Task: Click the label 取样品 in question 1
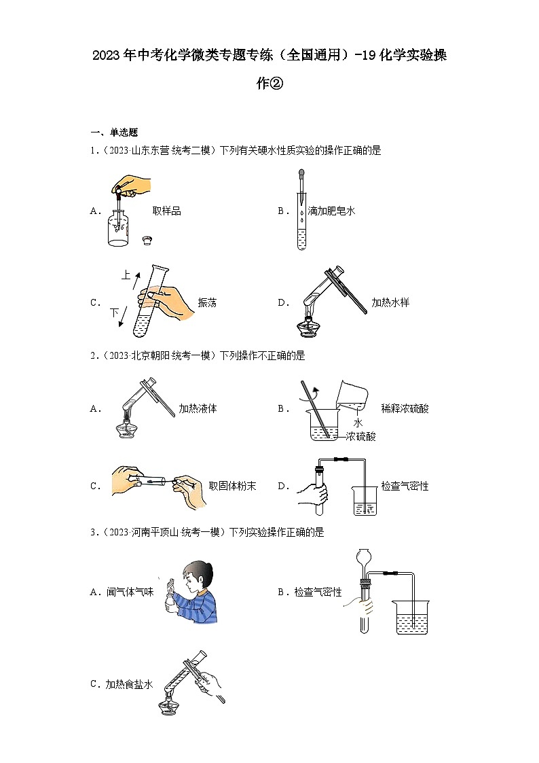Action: click(x=166, y=211)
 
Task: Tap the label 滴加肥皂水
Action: click(x=331, y=211)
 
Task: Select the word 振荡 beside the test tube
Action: click(x=207, y=303)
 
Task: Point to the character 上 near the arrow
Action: click(x=126, y=275)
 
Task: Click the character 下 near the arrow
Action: click(x=114, y=313)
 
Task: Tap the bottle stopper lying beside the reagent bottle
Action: click(x=147, y=240)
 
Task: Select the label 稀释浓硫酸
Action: click(x=405, y=408)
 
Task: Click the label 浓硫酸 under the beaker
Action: click(x=360, y=436)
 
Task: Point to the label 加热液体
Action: click(x=198, y=408)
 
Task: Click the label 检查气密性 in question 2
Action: click(x=405, y=486)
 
